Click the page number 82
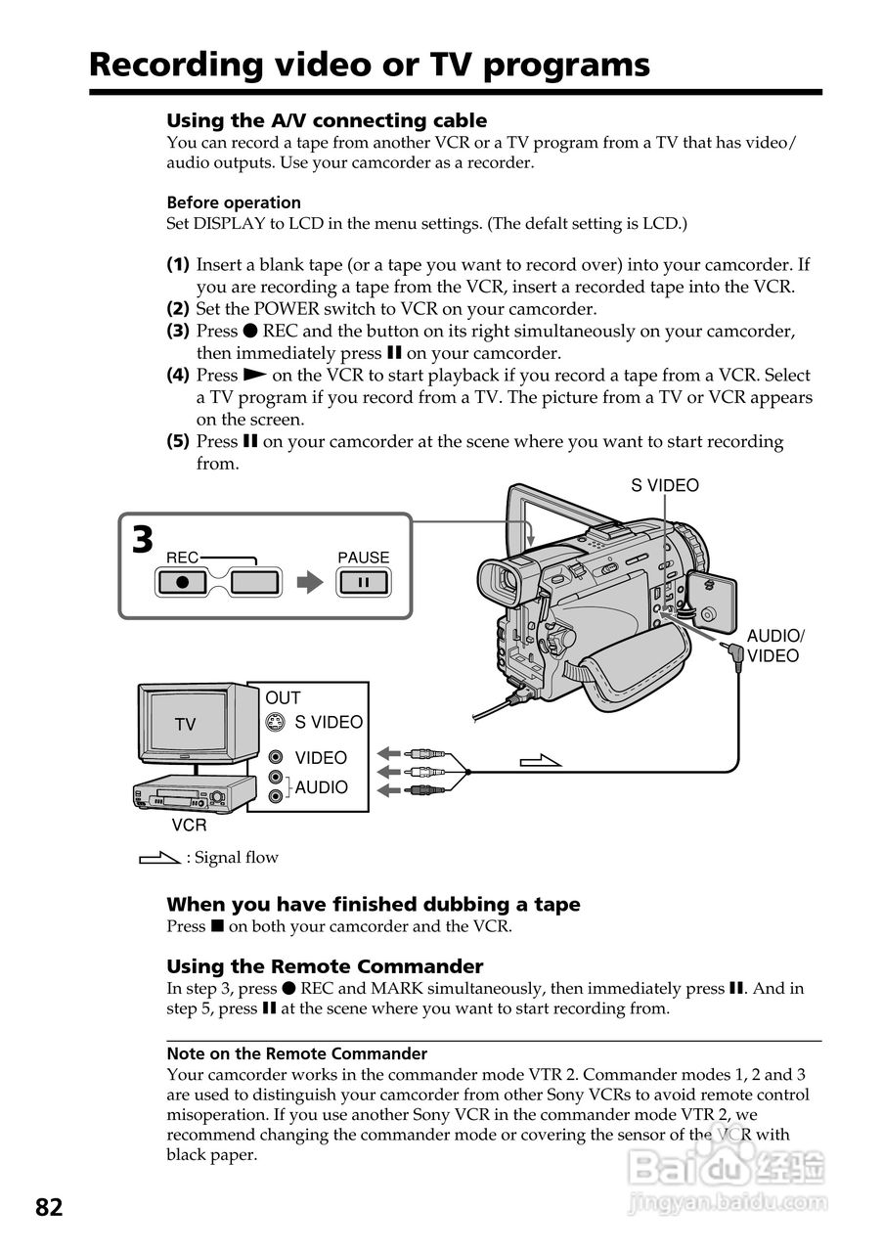click(x=49, y=1207)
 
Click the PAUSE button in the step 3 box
click(x=363, y=583)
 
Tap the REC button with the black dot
click(x=183, y=583)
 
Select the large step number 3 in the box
click(x=143, y=541)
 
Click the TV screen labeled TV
click(x=185, y=724)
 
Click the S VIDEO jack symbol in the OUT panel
click(x=277, y=723)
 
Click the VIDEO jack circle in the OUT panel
click(x=277, y=757)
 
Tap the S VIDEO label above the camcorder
click(x=665, y=485)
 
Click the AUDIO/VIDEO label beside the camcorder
click(x=774, y=646)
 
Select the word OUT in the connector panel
click(x=283, y=697)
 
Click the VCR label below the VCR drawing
click(x=189, y=826)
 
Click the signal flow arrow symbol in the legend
click(x=160, y=858)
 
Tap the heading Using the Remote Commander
click(x=325, y=966)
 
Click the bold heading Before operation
click(x=234, y=202)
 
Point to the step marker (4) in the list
click(x=177, y=375)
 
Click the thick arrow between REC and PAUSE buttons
click(x=309, y=583)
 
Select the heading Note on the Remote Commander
click(x=296, y=1053)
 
